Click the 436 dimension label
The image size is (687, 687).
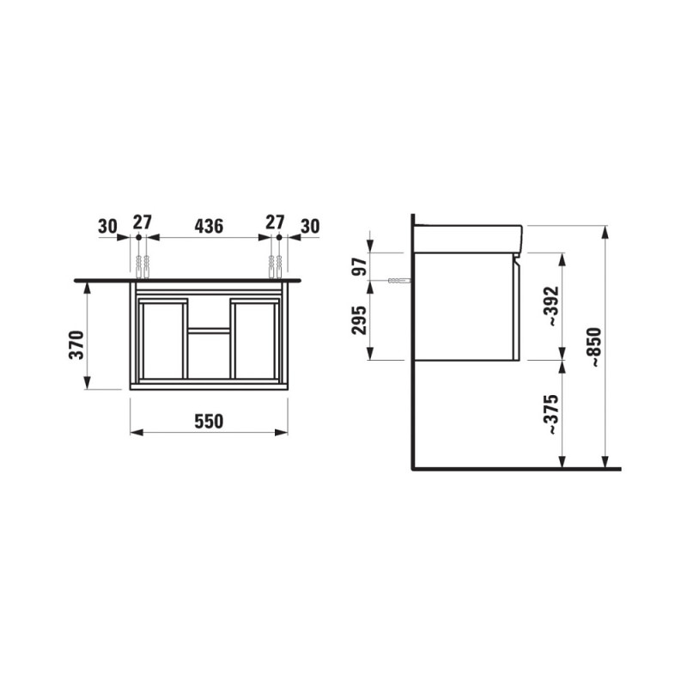(209, 226)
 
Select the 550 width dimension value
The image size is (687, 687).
(209, 421)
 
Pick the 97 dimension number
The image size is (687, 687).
(360, 265)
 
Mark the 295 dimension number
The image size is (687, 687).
(360, 319)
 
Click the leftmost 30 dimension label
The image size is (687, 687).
(107, 226)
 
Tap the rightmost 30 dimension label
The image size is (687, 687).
(310, 226)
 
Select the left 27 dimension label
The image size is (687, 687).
(143, 222)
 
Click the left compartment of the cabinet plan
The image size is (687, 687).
(162, 340)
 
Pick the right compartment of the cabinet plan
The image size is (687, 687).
(254, 340)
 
